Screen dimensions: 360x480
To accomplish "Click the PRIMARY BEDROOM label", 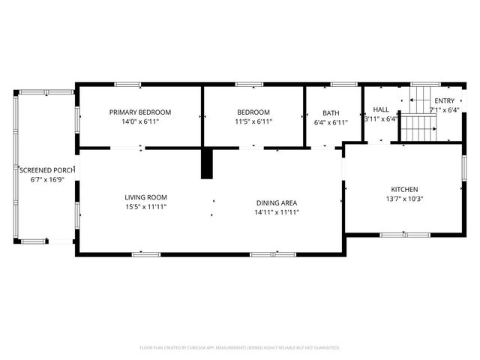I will coord(139,112).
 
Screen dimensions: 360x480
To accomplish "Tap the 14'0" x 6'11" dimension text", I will coord(139,121).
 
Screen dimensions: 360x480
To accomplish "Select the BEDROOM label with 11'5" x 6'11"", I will coord(253,112).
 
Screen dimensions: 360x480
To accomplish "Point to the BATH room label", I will coord(331,112).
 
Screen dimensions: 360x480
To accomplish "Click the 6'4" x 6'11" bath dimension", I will coord(331,121).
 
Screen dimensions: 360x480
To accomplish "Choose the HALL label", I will coord(381,109).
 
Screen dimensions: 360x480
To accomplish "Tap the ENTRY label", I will coord(444,100).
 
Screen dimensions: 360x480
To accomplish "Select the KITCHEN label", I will coord(404,190).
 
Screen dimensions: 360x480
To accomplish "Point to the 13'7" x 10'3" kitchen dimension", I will coord(404,199).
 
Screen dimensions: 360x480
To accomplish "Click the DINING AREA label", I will coord(277,202).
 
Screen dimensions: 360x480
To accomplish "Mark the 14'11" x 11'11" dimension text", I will coord(277,212).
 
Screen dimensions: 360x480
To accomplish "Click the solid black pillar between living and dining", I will coord(207,163).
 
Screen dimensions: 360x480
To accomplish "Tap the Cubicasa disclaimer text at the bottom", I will coord(240,347).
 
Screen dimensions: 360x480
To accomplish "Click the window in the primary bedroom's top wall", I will coord(127,84).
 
